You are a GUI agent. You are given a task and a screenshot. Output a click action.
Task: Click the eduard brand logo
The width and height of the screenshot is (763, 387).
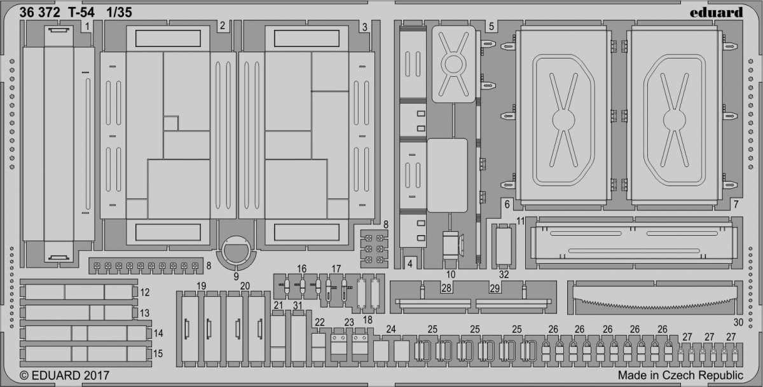pyautogui.click(x=717, y=13)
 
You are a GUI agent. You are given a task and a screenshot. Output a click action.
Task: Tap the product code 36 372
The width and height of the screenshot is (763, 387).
pyautogui.click(x=39, y=13)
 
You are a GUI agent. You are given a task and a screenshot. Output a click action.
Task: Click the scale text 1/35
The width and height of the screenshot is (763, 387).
pyautogui.click(x=119, y=13)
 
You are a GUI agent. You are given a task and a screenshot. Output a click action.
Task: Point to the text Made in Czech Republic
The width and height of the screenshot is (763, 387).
pyautogui.click(x=680, y=375)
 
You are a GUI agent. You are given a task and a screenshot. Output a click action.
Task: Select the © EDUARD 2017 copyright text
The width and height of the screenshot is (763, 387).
pyautogui.click(x=64, y=376)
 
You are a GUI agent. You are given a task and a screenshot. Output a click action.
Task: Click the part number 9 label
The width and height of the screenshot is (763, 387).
pyautogui.click(x=236, y=276)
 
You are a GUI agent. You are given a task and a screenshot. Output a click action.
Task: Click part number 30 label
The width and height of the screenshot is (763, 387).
pyautogui.click(x=738, y=322)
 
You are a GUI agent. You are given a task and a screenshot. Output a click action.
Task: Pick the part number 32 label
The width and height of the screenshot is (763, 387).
pyautogui.click(x=504, y=275)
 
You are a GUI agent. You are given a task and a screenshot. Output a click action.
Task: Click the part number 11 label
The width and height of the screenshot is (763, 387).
pyautogui.click(x=520, y=222)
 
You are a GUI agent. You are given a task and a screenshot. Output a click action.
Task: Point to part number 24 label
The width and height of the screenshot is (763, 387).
pyautogui.click(x=391, y=329)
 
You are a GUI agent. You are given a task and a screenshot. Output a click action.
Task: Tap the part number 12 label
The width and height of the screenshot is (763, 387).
pyautogui.click(x=145, y=292)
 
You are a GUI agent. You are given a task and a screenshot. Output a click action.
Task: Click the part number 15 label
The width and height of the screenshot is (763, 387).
pyautogui.click(x=158, y=354)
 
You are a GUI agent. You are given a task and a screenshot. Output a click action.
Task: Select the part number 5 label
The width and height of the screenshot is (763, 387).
pyautogui.click(x=491, y=27)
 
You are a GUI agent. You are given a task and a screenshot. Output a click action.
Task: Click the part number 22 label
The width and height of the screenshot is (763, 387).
pyautogui.click(x=319, y=322)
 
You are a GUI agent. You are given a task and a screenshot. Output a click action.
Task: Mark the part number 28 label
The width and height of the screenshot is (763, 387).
pyautogui.click(x=446, y=289)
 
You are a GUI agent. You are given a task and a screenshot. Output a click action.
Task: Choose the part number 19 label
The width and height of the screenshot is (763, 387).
pyautogui.click(x=202, y=286)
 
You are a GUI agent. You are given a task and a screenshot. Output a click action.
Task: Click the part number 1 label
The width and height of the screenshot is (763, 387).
pyautogui.click(x=87, y=26)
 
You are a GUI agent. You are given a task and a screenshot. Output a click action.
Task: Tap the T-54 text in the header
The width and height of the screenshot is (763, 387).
pyautogui.click(x=81, y=13)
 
